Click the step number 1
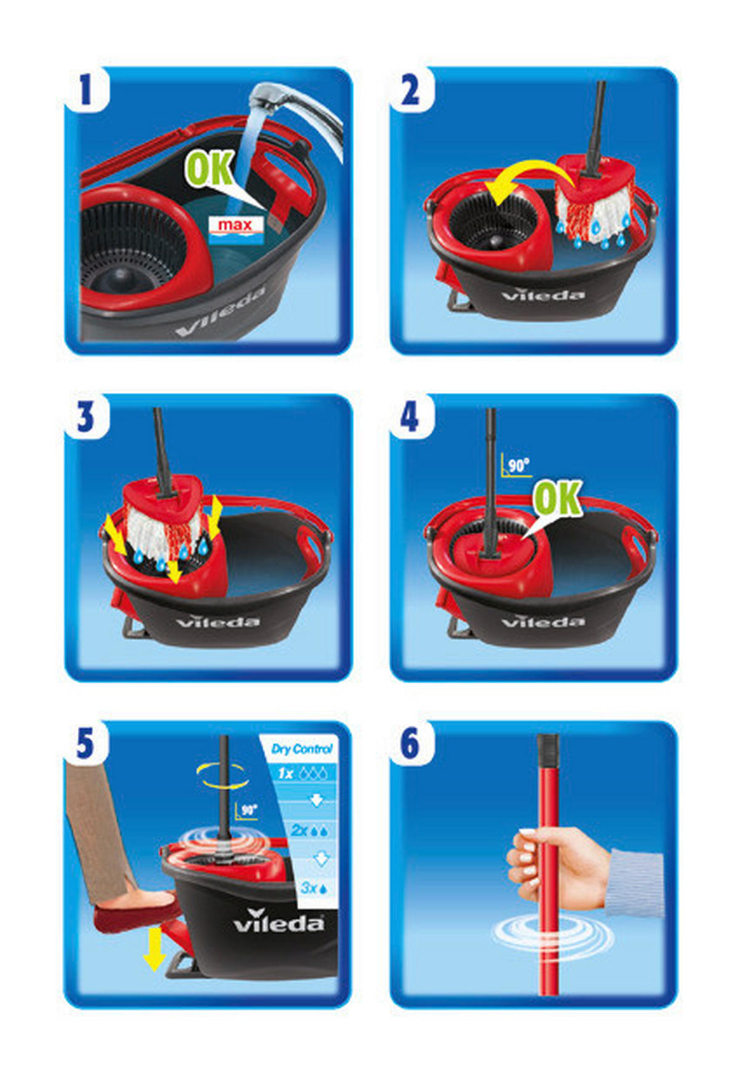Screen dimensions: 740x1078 point(85,89)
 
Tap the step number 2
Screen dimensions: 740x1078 point(410,90)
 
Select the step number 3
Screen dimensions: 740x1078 point(85,417)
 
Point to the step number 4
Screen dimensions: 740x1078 point(409,417)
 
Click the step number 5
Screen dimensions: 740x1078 point(85,744)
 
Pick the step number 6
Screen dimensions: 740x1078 point(410,744)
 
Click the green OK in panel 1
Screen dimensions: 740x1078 point(210,168)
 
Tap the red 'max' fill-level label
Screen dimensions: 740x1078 point(236,225)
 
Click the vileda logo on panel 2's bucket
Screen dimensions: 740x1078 point(543,295)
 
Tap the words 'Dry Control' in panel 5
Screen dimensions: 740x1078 point(302,749)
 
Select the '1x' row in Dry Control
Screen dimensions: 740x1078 point(302,773)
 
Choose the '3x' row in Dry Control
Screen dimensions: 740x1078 point(315,888)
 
